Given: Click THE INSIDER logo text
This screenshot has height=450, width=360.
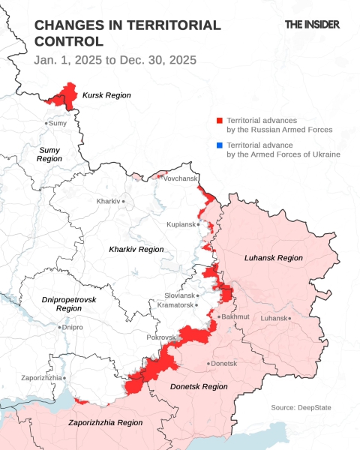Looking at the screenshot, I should click(x=312, y=25).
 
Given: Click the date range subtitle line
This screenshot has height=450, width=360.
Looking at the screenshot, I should click(x=115, y=59).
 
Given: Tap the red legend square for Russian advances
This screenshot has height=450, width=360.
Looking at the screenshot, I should click(x=219, y=121).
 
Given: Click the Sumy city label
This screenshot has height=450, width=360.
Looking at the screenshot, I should click(x=58, y=123).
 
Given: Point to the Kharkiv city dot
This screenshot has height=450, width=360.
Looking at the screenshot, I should click(x=124, y=202).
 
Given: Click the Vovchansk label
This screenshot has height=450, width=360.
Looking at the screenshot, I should click(x=179, y=178).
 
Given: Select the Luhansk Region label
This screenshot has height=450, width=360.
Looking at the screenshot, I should click(x=274, y=258).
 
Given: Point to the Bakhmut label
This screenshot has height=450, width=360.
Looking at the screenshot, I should click(x=235, y=317).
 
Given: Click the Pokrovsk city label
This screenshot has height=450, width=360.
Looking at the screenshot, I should click(x=160, y=337).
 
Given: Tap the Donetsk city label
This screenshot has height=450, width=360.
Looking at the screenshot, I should click(x=223, y=364).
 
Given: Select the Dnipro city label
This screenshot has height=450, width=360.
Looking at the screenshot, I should click(x=72, y=328).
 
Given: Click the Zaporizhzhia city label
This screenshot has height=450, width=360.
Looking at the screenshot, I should click(x=42, y=378).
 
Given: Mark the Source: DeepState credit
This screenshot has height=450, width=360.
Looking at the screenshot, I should click(x=301, y=407).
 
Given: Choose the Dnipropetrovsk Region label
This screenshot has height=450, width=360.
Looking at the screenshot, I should click(x=69, y=304).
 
